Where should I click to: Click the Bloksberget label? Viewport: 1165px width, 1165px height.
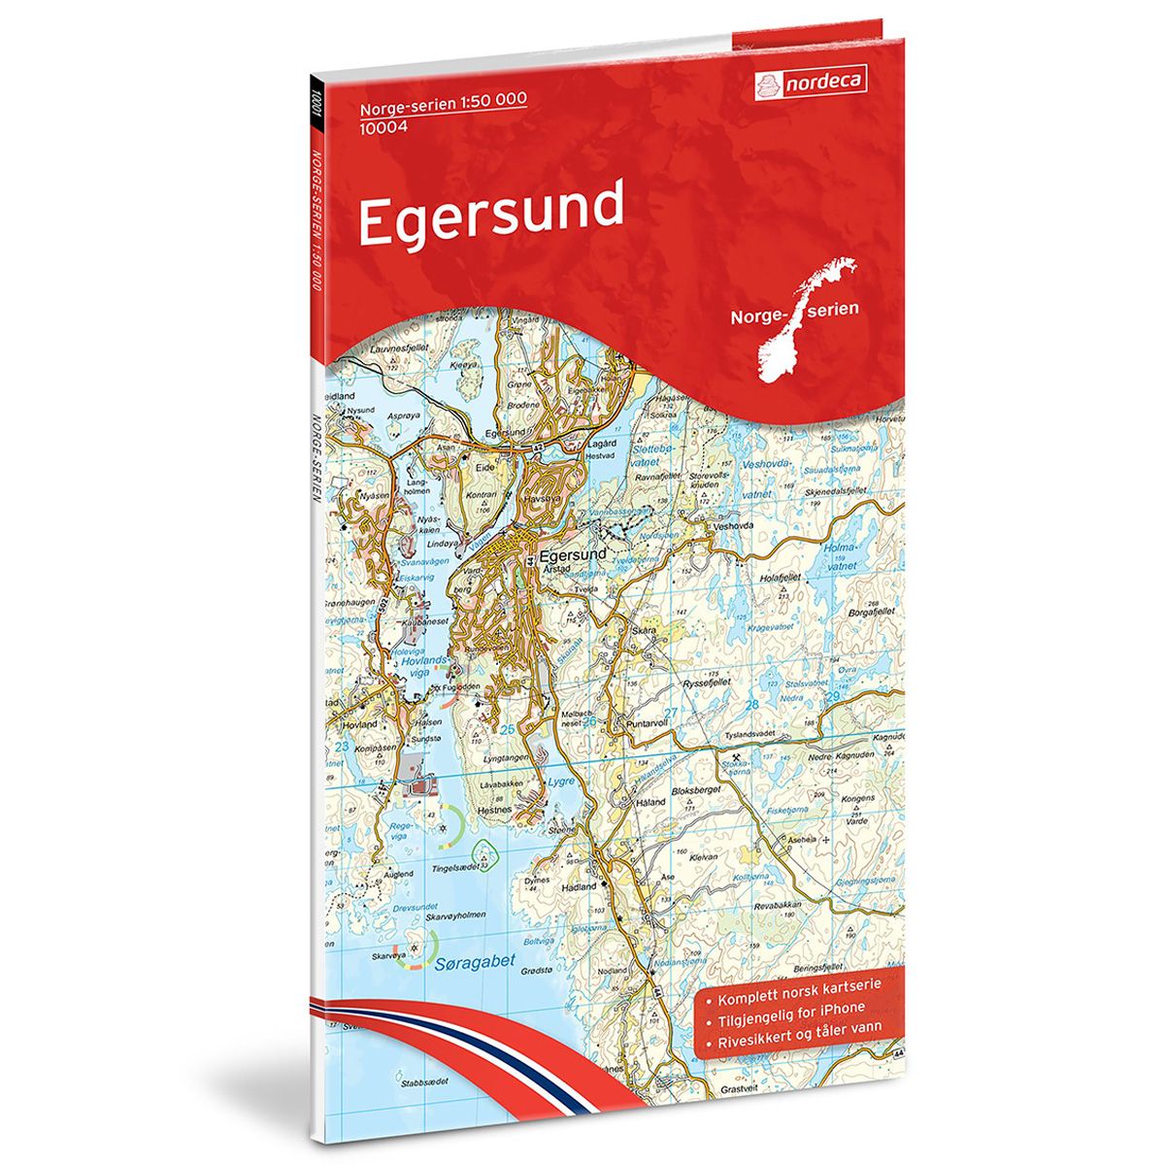(x=720, y=792)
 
